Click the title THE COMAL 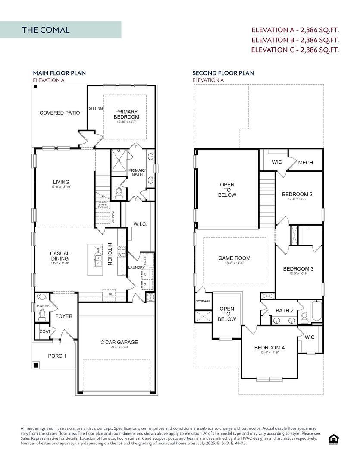point(46,30)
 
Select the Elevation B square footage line point(295,40)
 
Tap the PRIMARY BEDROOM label point(126,114)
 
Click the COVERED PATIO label point(59,113)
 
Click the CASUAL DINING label point(59,256)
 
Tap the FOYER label point(64,316)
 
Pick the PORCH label point(57,356)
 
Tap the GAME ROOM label point(234,258)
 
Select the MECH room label point(305,163)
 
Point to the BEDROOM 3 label point(298,269)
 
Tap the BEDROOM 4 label point(269,348)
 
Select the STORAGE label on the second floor point(203,301)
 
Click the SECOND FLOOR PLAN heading point(223,73)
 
